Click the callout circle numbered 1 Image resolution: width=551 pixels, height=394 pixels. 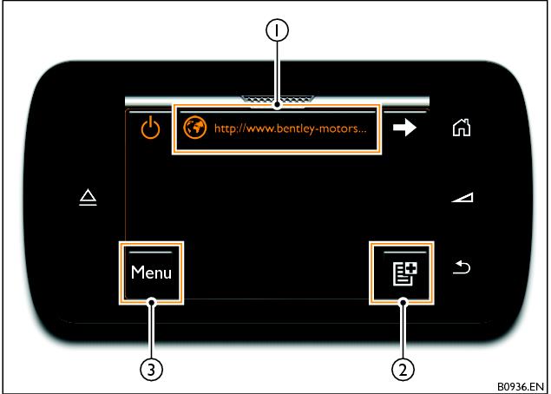(278, 31)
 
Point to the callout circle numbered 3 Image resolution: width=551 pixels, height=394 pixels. (152, 368)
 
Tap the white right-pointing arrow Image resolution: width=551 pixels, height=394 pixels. (404, 128)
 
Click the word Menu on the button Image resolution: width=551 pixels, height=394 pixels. (151, 273)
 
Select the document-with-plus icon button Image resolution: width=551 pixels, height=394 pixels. (402, 273)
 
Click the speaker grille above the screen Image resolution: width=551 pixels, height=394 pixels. (278, 98)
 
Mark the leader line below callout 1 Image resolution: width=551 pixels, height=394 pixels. (278, 74)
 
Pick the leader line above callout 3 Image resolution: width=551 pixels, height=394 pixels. (152, 330)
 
